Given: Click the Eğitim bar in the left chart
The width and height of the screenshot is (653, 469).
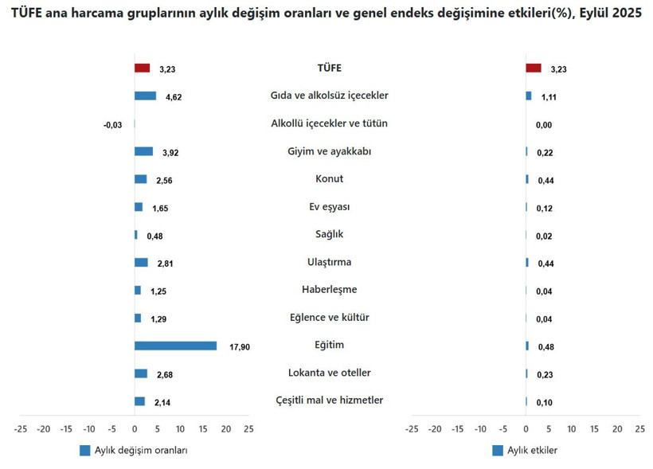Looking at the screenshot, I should (x=175, y=346).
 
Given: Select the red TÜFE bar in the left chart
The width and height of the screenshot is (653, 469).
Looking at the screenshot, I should (x=142, y=68).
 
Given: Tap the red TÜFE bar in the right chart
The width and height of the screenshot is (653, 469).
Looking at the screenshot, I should (x=534, y=68).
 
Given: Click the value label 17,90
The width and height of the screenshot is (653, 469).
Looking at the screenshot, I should (x=240, y=347).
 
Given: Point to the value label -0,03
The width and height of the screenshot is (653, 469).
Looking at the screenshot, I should (x=112, y=125).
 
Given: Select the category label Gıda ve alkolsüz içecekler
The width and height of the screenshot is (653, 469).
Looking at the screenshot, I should (x=329, y=96).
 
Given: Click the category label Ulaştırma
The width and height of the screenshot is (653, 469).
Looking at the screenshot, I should (x=329, y=262).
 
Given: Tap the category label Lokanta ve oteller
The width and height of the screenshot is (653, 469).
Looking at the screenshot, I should (x=329, y=373).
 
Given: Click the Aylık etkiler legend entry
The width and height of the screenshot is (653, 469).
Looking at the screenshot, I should (x=525, y=451).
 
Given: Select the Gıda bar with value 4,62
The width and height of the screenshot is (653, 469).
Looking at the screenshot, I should (x=145, y=96).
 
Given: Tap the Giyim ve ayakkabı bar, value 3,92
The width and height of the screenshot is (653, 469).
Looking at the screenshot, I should (x=143, y=151).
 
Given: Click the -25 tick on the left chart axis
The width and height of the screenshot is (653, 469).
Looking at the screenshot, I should (x=21, y=429).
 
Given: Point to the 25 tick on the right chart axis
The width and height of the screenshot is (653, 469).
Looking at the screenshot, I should (x=639, y=429).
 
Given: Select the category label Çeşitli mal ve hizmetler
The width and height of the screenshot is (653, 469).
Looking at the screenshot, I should (x=329, y=400).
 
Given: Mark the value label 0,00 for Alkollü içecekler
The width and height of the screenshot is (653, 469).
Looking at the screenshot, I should (x=544, y=125).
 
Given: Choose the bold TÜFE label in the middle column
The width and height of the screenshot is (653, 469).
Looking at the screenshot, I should (x=329, y=68).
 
